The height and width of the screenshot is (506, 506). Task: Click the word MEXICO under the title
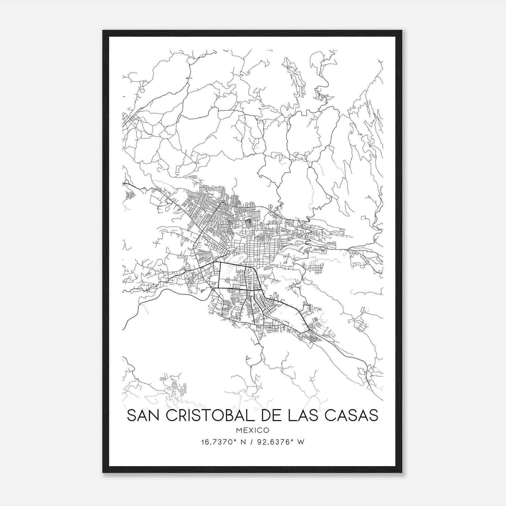pos(252,430)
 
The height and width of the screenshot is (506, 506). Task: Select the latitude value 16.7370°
pos(214,442)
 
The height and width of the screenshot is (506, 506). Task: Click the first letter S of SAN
pos(131,415)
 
